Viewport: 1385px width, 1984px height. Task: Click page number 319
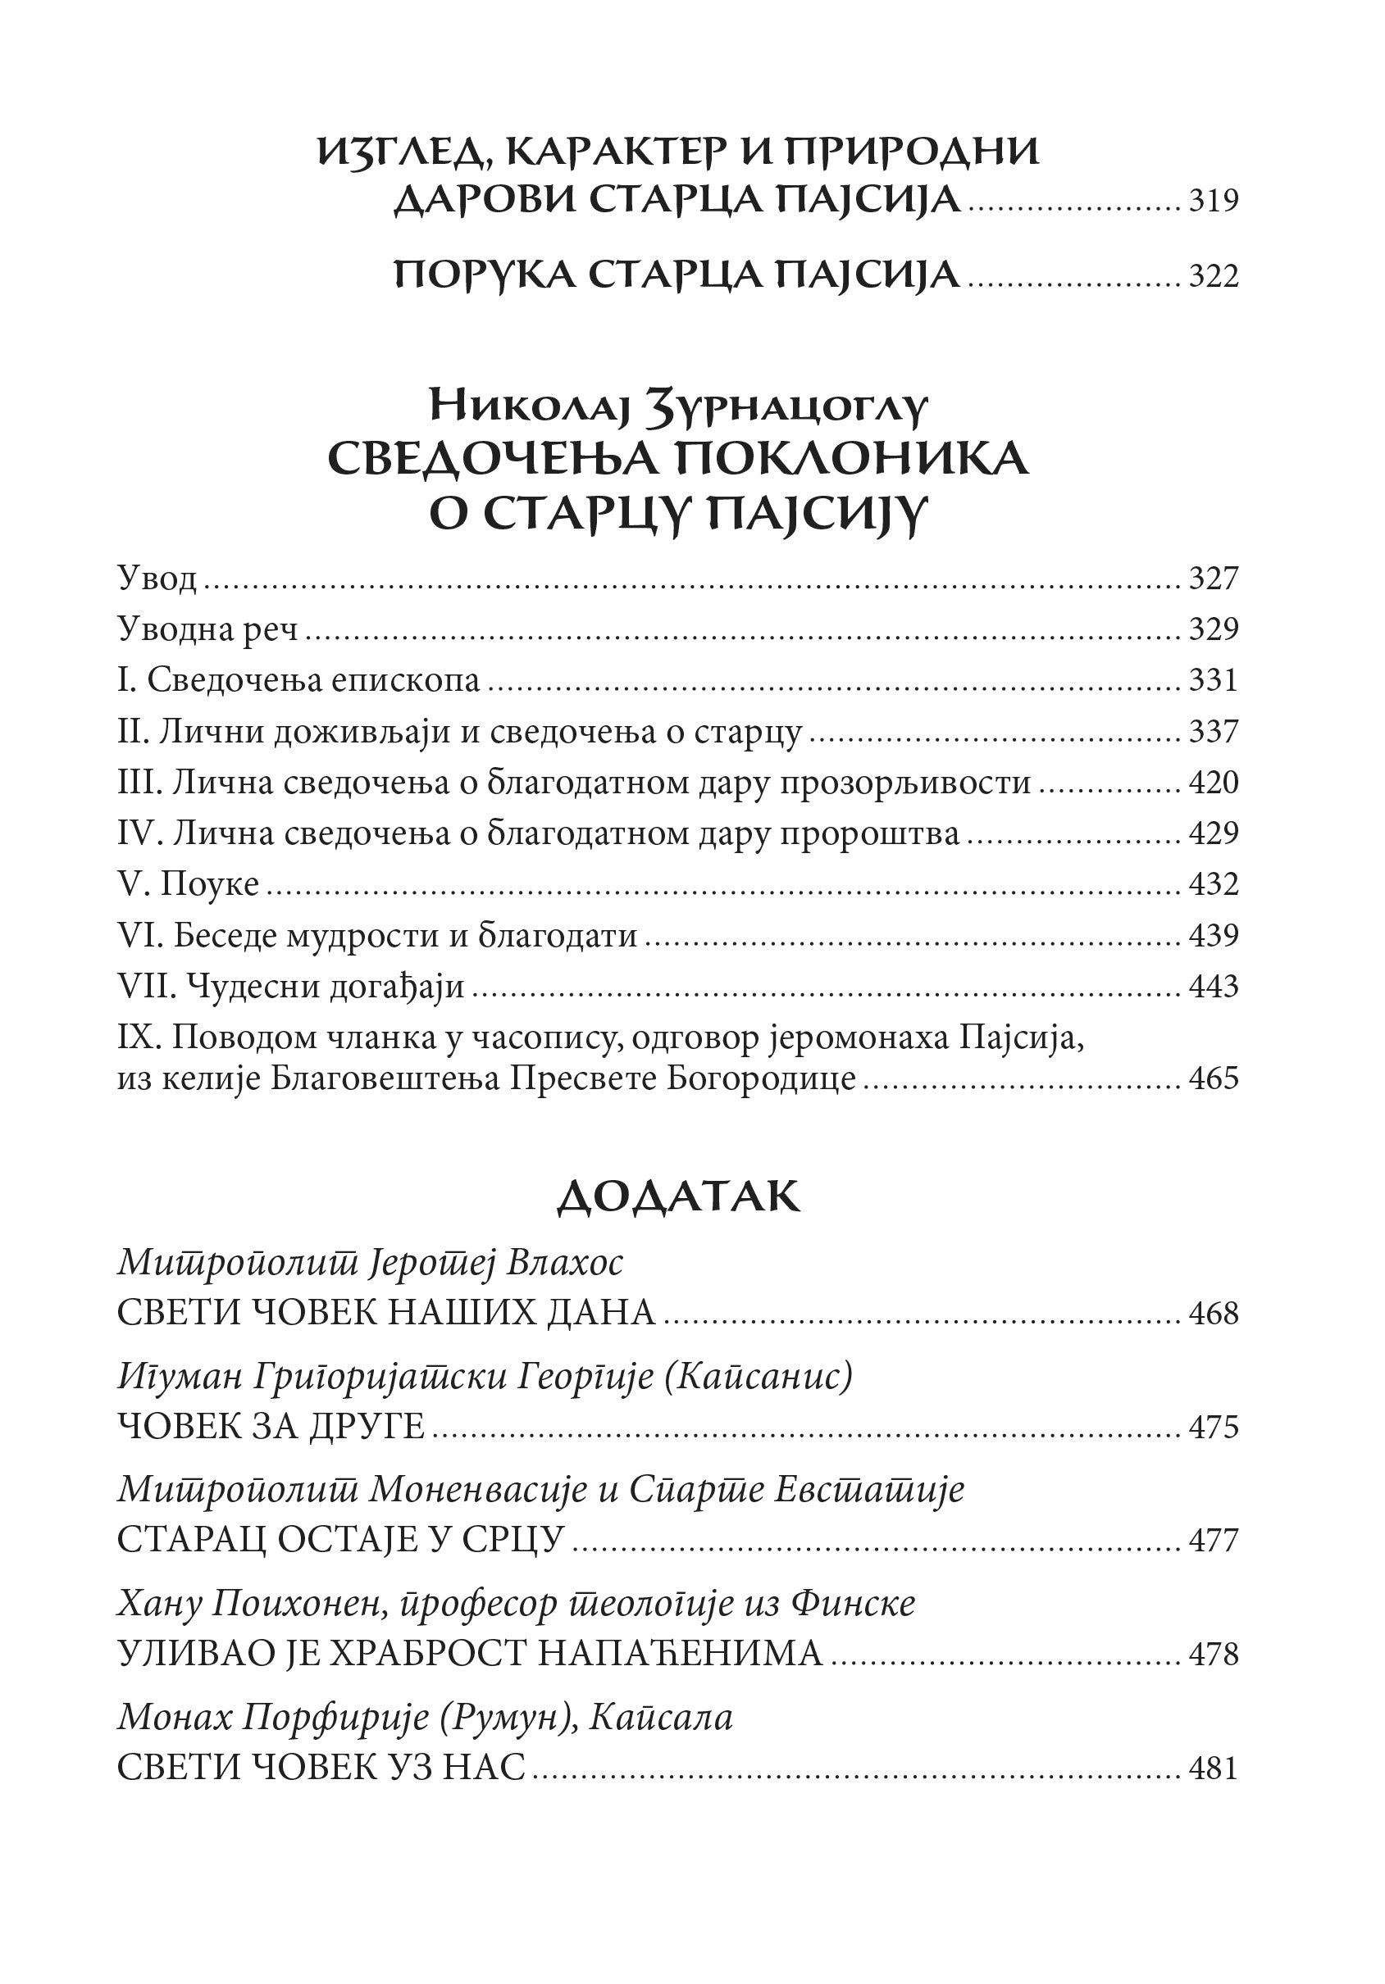pos(1214,202)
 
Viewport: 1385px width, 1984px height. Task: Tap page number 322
pos(1214,276)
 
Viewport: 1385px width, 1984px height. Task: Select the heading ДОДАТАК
pos(679,1196)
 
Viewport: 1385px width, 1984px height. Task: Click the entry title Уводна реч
pos(207,629)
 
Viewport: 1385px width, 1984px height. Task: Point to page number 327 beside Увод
pos(1214,578)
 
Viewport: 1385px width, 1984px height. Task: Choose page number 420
pos(1214,783)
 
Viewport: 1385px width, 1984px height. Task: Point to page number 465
pos(1214,1078)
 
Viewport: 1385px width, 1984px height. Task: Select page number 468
pos(1214,1314)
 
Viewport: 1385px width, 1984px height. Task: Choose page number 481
pos(1214,1768)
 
